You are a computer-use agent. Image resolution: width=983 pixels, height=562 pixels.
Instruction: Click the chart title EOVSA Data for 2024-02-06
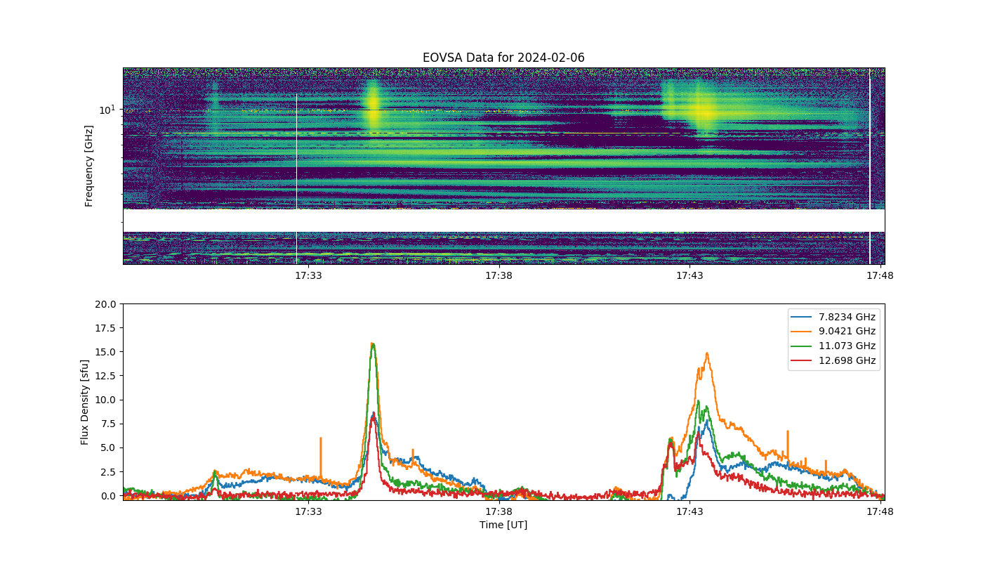503,58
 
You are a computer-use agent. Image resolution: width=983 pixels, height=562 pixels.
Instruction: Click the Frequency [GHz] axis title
88,166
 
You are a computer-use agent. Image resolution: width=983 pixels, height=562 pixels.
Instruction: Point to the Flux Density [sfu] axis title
84,402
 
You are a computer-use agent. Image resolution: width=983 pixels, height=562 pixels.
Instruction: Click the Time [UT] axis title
503,525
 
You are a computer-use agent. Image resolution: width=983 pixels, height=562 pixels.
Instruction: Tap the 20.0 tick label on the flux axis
105,304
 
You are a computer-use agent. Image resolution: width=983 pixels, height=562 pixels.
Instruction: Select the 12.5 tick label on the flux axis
105,376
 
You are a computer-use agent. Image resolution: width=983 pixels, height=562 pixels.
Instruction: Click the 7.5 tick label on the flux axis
108,424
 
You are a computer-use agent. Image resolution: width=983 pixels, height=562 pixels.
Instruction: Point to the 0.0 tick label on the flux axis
108,496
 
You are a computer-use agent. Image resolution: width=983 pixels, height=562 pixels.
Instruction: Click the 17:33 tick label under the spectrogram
308,275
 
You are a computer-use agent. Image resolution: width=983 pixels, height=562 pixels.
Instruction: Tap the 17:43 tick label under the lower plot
690,511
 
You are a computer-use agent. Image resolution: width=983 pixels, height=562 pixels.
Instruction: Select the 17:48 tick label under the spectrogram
880,275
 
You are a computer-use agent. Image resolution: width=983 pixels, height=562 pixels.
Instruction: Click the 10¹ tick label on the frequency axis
107,110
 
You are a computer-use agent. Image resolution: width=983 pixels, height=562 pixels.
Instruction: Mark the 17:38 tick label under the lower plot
499,511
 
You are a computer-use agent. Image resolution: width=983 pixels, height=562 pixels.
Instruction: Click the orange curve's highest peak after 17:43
707,353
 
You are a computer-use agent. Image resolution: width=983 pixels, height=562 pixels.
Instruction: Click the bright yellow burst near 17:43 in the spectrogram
704,111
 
